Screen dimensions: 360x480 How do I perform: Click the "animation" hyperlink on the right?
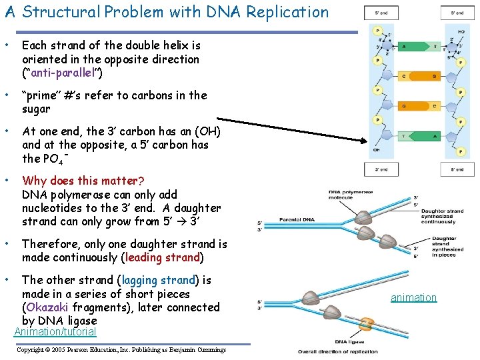click(413, 297)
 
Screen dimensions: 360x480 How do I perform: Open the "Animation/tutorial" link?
click(55, 332)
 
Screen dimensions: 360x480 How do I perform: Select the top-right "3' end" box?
click(457, 13)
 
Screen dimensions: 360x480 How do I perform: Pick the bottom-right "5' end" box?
click(457, 170)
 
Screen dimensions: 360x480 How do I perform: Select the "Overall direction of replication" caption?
click(337, 351)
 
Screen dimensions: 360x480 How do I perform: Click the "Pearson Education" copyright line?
click(121, 349)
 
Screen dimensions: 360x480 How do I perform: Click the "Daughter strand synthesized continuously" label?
click(442, 216)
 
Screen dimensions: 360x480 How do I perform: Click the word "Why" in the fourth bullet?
click(34, 181)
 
